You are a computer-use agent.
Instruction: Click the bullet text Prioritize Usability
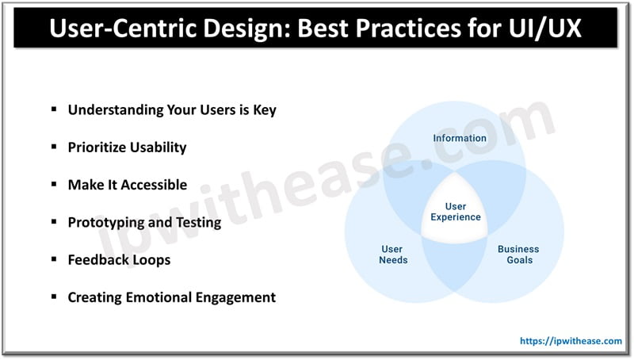coord(127,147)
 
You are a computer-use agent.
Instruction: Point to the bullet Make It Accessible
coord(128,185)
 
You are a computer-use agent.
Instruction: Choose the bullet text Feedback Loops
coord(119,260)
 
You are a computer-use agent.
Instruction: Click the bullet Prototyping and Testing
coord(144,223)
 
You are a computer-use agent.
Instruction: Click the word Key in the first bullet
coord(265,110)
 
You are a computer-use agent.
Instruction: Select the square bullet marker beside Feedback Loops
coord(54,259)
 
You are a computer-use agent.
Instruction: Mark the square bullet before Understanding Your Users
coord(54,109)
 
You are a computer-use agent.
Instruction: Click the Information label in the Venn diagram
coord(460,138)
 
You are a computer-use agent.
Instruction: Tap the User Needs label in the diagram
coord(392,255)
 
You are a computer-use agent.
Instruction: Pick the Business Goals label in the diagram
coord(518,255)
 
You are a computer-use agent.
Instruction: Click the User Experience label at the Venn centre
coord(456,212)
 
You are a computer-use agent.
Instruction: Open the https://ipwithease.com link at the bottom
coord(571,341)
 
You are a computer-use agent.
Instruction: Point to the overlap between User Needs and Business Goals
coord(454,263)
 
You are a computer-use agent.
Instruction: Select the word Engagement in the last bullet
coord(235,297)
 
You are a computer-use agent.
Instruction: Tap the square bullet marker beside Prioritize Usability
coord(54,147)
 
